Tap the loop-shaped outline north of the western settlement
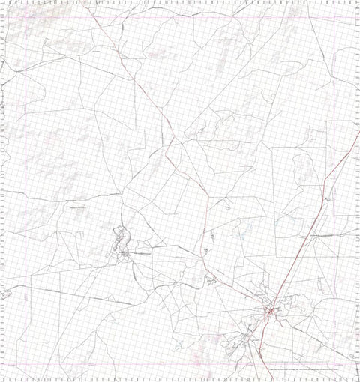tap(120, 239)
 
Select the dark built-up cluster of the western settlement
tap(124, 255)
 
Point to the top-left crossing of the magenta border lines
tap(27, 16)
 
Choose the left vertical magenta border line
tap(27, 187)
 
